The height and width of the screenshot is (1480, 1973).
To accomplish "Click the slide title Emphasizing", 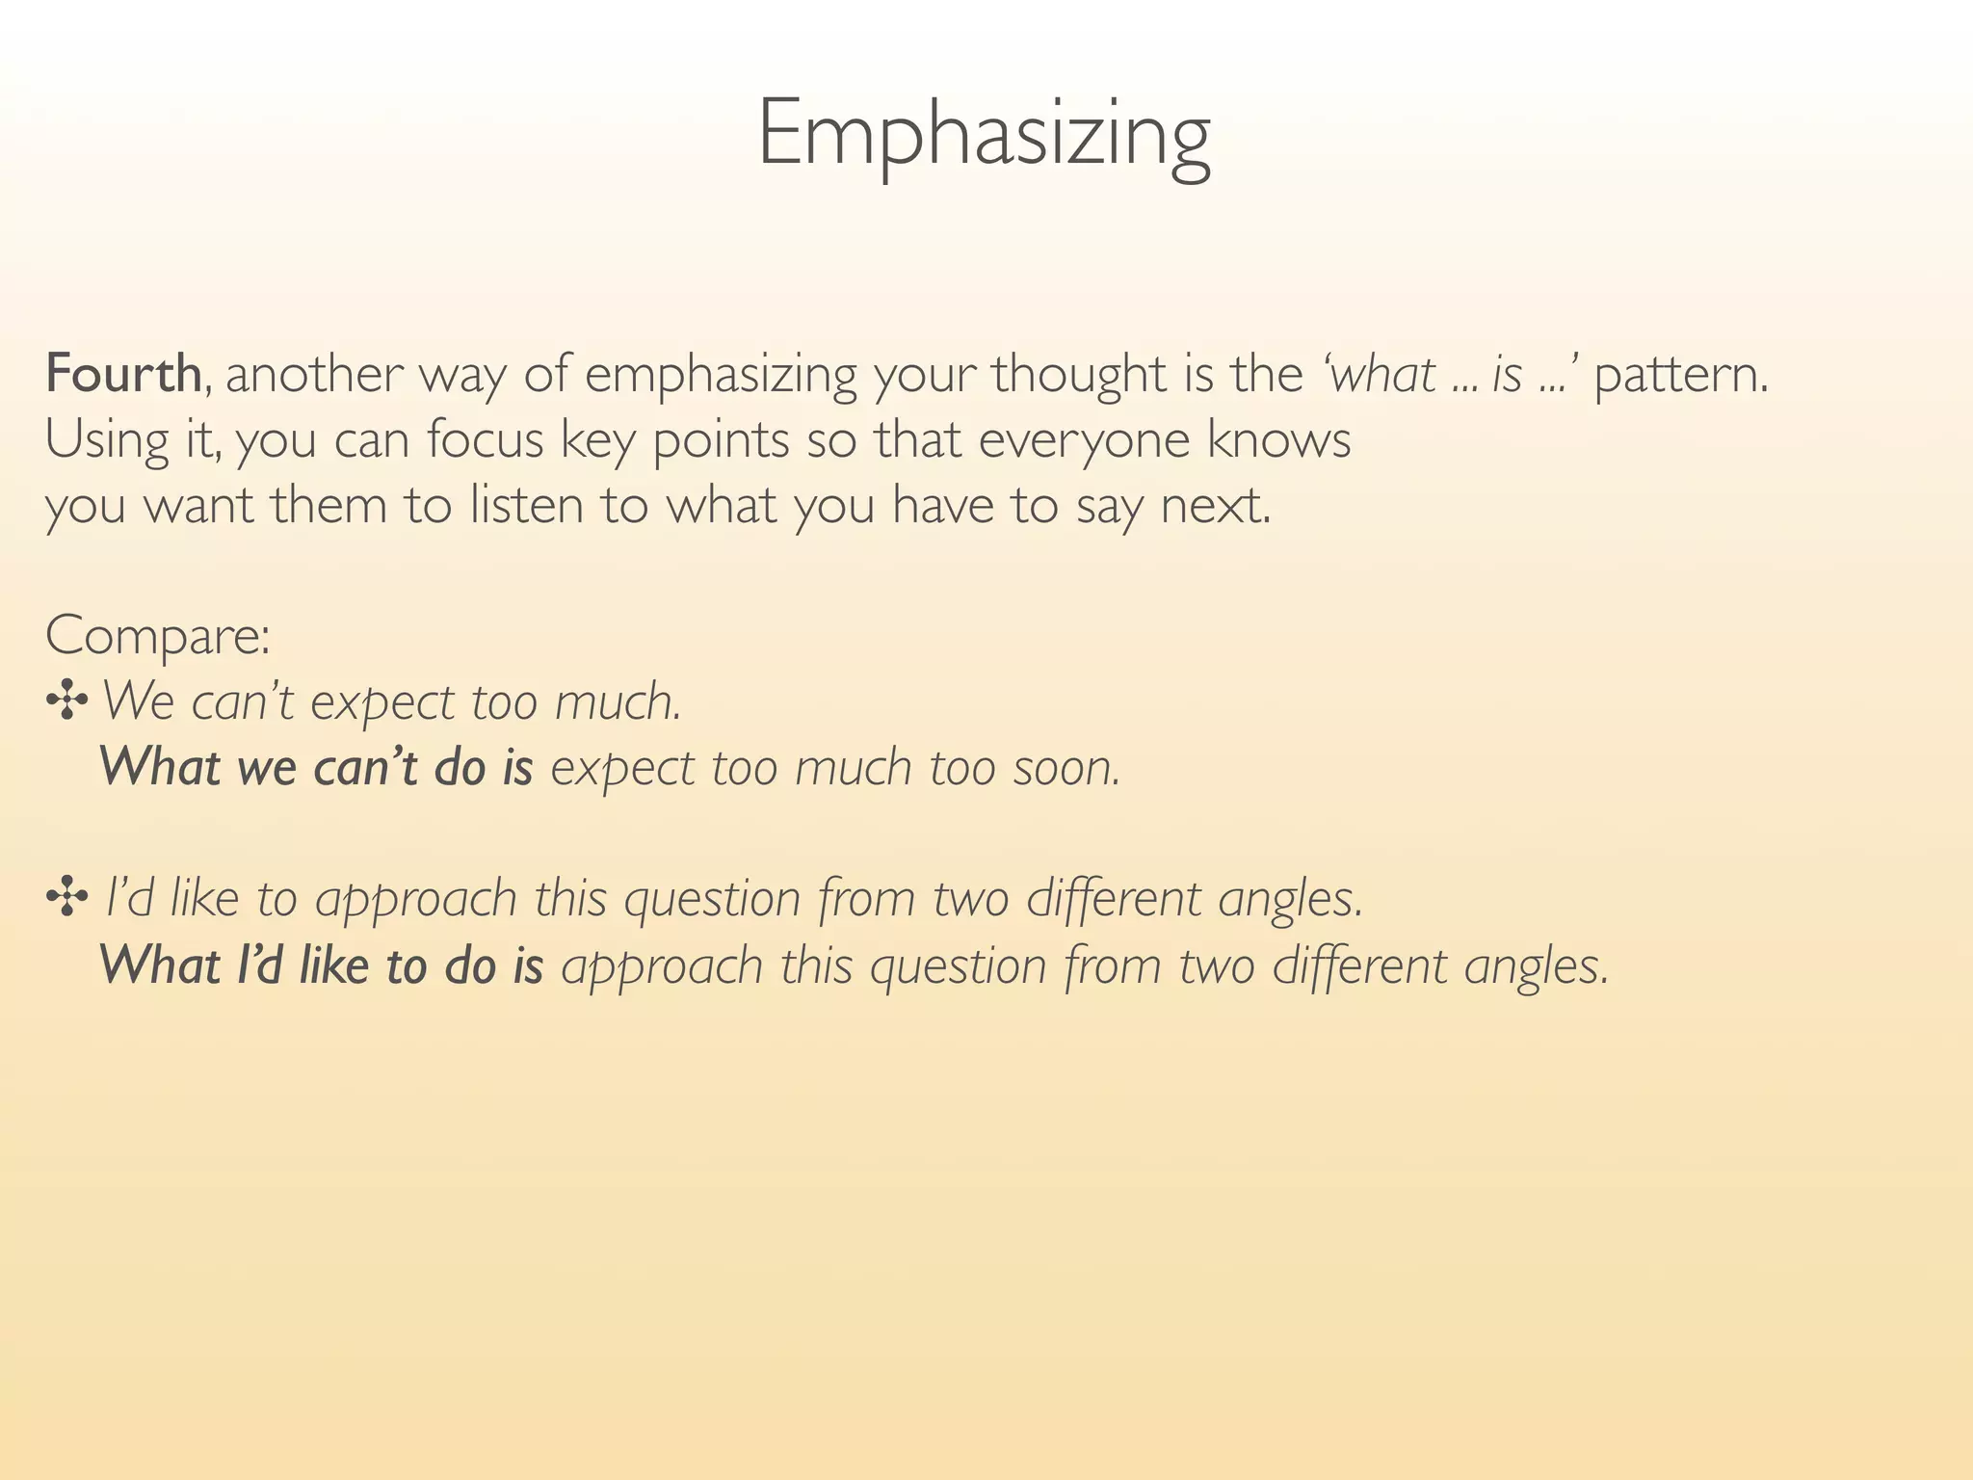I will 984,135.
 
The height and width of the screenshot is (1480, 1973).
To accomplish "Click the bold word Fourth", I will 123,374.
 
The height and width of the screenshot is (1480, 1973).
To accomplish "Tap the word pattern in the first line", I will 1680,376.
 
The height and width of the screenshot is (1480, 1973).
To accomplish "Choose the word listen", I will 526,505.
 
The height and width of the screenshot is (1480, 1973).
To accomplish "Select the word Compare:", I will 157,637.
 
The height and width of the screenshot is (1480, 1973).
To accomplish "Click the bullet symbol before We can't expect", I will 66,700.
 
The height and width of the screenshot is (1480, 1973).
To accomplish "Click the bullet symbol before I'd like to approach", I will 66,898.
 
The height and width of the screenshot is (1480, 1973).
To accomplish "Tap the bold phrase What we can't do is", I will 316,767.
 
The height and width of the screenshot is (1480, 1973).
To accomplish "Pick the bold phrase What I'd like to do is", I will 321,965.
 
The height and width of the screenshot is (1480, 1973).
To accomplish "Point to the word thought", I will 1078,376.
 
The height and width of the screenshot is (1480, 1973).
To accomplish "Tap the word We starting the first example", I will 136,700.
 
